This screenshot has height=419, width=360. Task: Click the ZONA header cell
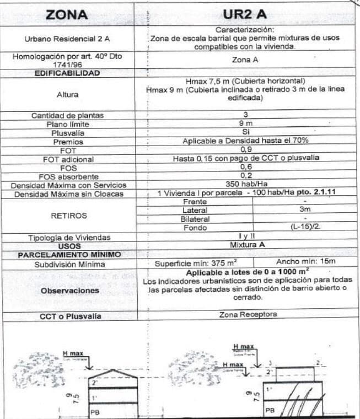point(67,15)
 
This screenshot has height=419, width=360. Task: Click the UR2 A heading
point(245,15)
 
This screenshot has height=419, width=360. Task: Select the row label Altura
point(67,94)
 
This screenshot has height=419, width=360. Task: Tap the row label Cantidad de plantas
point(67,115)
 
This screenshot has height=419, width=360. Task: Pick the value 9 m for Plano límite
point(245,124)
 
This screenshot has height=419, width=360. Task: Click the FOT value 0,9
point(245,150)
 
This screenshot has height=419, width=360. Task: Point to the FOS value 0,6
point(245,167)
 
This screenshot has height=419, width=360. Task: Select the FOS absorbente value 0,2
point(245,176)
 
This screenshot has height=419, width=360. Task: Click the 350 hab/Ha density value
point(245,184)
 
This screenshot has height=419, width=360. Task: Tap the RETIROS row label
point(67,216)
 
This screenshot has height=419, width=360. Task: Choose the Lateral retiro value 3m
point(305,210)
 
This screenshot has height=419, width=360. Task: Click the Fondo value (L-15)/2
point(305,227)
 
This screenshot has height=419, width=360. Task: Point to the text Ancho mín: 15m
point(305,261)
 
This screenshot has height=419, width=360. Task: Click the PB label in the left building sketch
point(94,411)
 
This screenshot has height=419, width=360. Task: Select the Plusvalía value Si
point(245,133)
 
